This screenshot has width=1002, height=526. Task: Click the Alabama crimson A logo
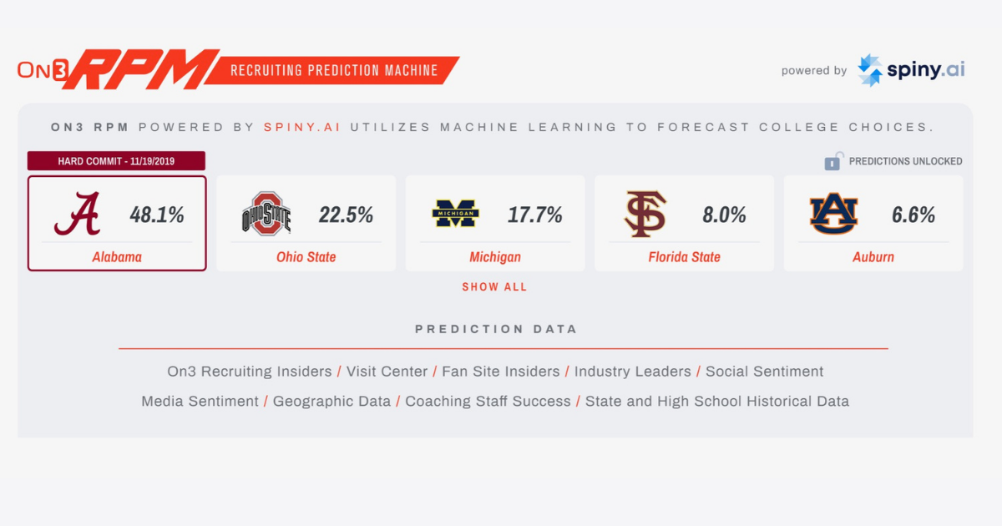78,215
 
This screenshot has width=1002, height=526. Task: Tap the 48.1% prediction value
157,215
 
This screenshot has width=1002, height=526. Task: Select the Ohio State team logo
266,215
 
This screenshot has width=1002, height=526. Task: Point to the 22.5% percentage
346,215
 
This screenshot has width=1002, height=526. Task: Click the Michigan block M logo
455,215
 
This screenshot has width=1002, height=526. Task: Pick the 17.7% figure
535,215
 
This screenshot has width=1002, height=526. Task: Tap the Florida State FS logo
645,215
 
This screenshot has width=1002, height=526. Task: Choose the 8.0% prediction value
724,215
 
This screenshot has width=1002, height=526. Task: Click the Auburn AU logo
833,215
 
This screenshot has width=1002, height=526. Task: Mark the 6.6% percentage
913,215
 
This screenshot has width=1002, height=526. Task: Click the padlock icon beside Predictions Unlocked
833,161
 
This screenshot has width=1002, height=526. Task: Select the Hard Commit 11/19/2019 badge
116,161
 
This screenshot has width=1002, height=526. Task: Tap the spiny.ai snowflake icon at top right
870,71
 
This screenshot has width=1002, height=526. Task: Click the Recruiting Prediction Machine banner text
334,70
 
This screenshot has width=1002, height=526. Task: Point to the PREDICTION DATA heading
496,329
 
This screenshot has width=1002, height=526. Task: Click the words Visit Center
387,372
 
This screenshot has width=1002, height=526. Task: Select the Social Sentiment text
765,372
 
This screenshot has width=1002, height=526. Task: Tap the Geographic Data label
331,402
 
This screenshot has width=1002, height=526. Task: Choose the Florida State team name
685,257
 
